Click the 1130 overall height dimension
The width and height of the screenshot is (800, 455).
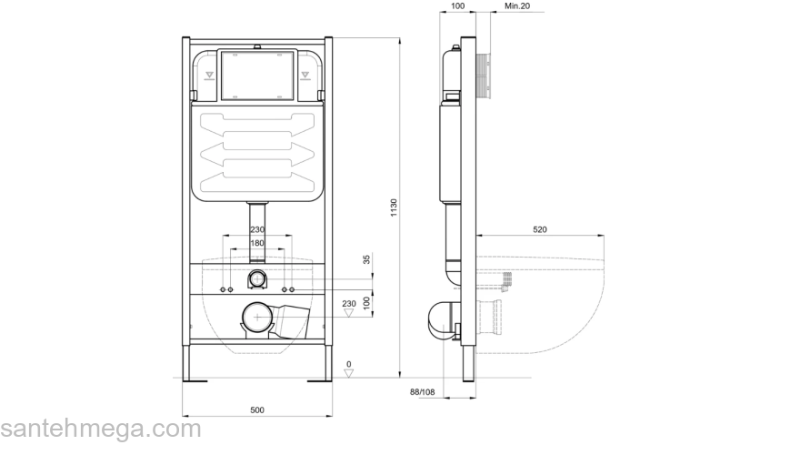[394, 208]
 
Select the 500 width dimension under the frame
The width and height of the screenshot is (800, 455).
[258, 410]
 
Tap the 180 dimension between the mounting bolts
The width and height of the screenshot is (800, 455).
[257, 243]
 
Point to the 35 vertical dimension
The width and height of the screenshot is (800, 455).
[367, 260]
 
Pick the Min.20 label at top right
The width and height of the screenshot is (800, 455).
[517, 6]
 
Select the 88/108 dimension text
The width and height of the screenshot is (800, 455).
[422, 392]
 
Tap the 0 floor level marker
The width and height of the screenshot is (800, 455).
[349, 366]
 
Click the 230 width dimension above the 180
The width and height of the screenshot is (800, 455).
[257, 230]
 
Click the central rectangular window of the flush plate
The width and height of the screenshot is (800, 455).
[257, 76]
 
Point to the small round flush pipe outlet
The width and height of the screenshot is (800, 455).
[258, 278]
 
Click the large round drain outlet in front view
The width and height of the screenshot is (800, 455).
[258, 318]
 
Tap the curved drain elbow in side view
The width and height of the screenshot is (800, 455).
[440, 320]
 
